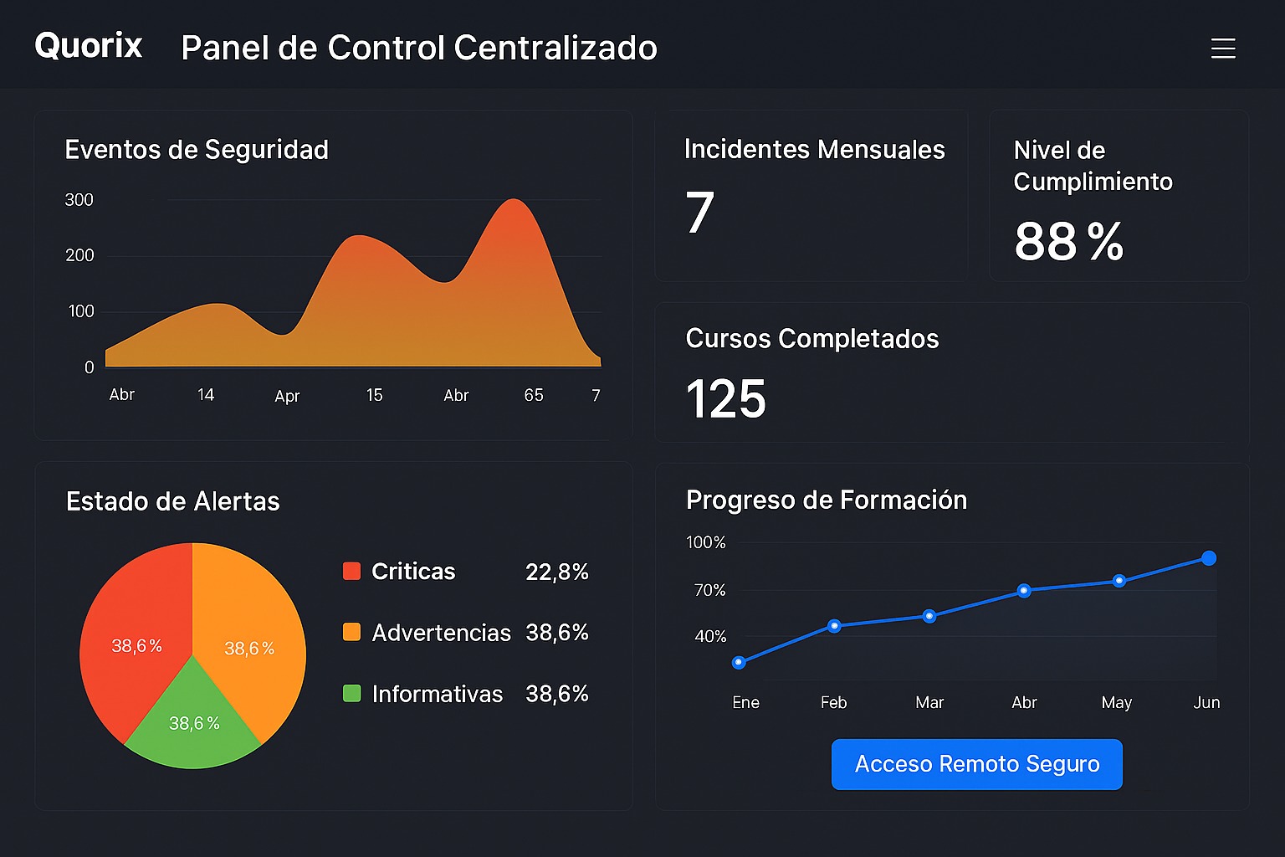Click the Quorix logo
88,46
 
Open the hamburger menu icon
1222,49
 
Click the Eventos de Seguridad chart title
197,150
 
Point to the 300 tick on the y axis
79,200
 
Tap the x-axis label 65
534,395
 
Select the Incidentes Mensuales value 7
699,213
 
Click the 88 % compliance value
1068,242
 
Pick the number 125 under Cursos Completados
725,398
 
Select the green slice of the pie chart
193,724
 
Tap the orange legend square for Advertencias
351,632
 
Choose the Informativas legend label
437,694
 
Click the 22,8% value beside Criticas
556,572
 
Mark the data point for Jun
1208,558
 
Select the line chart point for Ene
739,663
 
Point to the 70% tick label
709,590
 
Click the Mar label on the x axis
929,702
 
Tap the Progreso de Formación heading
826,500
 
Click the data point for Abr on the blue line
1024,591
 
